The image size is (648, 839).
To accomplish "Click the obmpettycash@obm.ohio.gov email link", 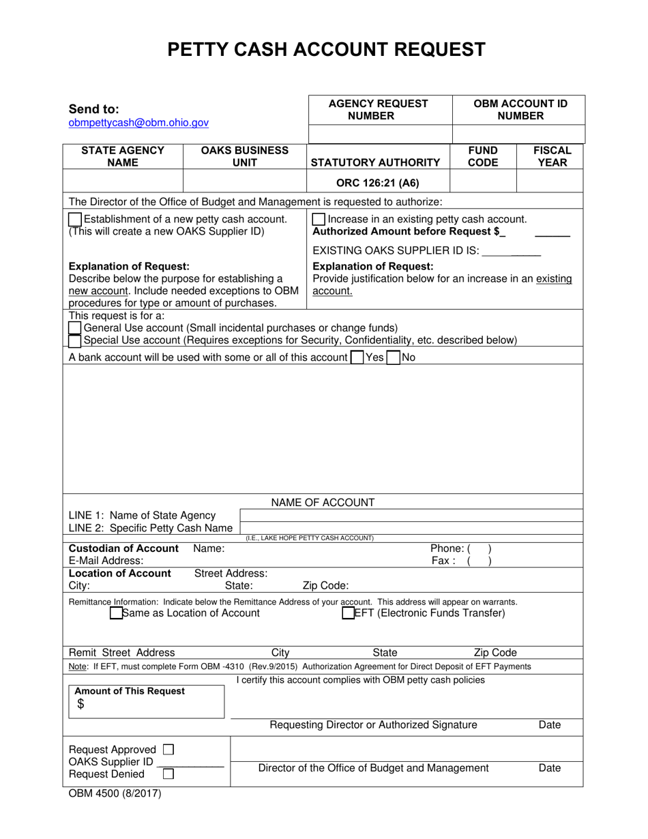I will coord(138,123).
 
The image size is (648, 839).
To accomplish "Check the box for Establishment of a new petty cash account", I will coord(75,220).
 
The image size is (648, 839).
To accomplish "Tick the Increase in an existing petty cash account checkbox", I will coord(318,220).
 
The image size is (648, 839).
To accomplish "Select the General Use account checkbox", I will coord(75,328).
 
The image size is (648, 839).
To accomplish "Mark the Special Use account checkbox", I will coord(75,340).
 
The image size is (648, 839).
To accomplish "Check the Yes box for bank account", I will coord(356,357).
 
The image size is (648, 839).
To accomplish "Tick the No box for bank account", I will coord(393,357).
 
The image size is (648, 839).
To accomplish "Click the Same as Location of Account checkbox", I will coord(116,613).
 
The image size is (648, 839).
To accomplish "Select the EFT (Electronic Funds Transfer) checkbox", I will coord(348,613).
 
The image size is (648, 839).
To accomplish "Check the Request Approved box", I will coord(169,749).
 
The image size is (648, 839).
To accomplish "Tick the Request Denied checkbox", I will coord(168,774).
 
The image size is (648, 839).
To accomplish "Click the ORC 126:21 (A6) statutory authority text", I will coord(379,183).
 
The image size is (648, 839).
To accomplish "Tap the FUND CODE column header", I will coord(483,156).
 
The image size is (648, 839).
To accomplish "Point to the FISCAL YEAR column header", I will coord(551,156).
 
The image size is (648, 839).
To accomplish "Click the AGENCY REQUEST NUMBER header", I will coord(379,109).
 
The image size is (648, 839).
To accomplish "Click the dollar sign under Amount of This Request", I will coord(80,705).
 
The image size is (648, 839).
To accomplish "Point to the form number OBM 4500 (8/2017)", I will coord(115,793).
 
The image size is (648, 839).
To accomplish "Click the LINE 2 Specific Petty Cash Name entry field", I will coord(411,528).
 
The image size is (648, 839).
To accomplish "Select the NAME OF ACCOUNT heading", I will coord(323,503).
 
